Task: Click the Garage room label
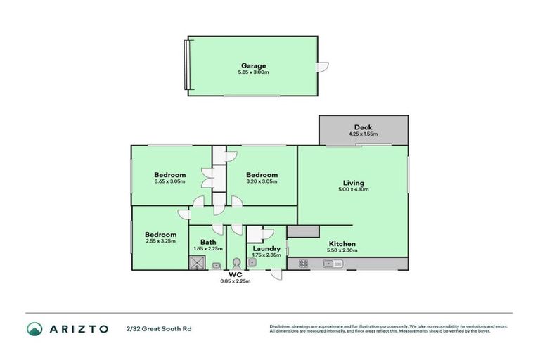pos(254,65)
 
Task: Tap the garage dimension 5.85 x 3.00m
pos(254,72)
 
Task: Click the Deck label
pos(363,127)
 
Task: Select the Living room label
pos(352,181)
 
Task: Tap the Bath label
pos(208,241)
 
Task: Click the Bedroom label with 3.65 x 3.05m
pos(170,174)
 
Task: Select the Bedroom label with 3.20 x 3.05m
pos(262,174)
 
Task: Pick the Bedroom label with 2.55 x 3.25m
pos(160,234)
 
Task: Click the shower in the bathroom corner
pos(195,263)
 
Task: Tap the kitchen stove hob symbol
pos(304,264)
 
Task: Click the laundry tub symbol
pos(252,263)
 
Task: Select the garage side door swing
pos(323,67)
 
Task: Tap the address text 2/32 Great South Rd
pos(158,328)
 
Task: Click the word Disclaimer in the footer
pos(282,326)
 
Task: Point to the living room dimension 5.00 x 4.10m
pos(352,189)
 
